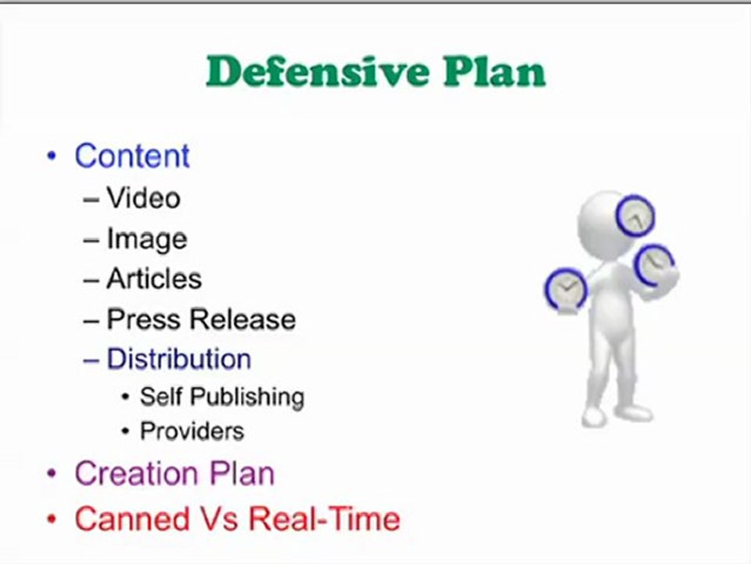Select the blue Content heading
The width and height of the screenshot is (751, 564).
point(131,156)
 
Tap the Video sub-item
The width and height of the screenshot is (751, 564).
point(143,198)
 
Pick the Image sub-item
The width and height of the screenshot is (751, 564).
point(146,239)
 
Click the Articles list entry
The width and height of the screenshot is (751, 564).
point(154,279)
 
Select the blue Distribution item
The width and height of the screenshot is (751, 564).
point(178,360)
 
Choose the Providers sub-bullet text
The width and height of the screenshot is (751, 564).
point(192,431)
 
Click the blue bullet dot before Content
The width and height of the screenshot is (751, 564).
point(52,156)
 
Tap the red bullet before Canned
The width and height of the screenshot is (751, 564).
point(52,519)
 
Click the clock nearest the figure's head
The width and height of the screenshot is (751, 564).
point(634,215)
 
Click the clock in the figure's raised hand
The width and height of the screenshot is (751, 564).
point(654,265)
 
